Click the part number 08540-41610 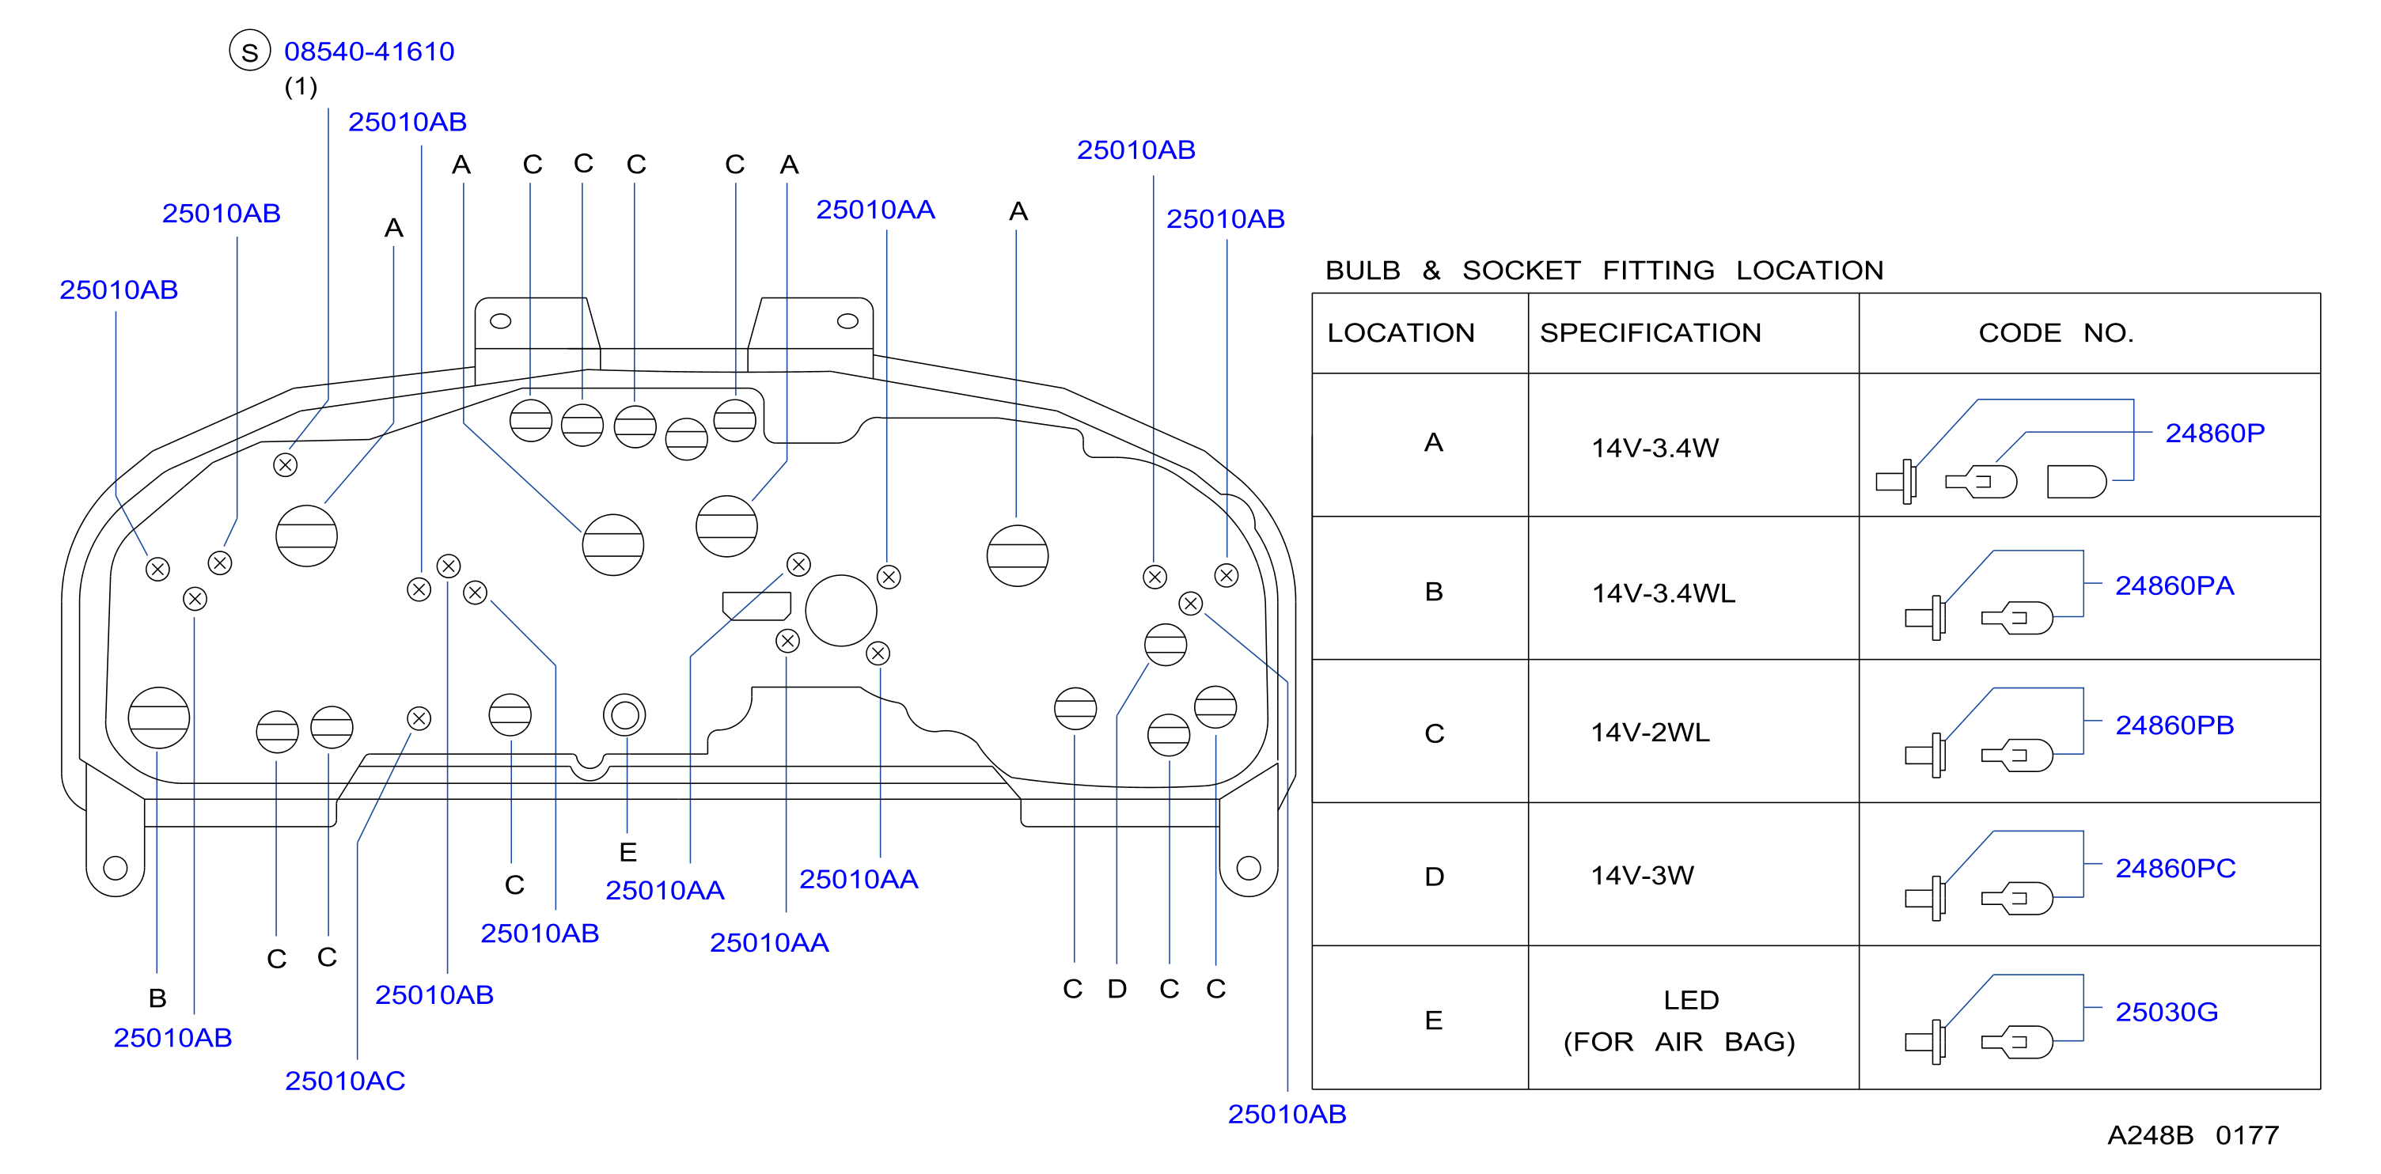click(x=369, y=51)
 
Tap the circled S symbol click(x=249, y=51)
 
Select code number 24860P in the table click(x=2215, y=433)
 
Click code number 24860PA click(x=2174, y=585)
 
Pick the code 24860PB click(x=2174, y=725)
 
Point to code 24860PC click(x=2175, y=868)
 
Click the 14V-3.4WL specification click(x=1663, y=593)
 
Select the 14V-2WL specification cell click(x=1650, y=732)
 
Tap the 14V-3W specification click(x=1642, y=876)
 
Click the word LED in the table click(x=1690, y=1000)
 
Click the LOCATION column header click(x=1401, y=333)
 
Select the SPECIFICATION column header click(x=1650, y=333)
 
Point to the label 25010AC click(x=345, y=1081)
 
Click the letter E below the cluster click(x=627, y=852)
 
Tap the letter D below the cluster click(x=1117, y=989)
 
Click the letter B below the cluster click(x=157, y=998)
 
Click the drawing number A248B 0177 click(x=2193, y=1135)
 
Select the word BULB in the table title click(x=1363, y=270)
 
